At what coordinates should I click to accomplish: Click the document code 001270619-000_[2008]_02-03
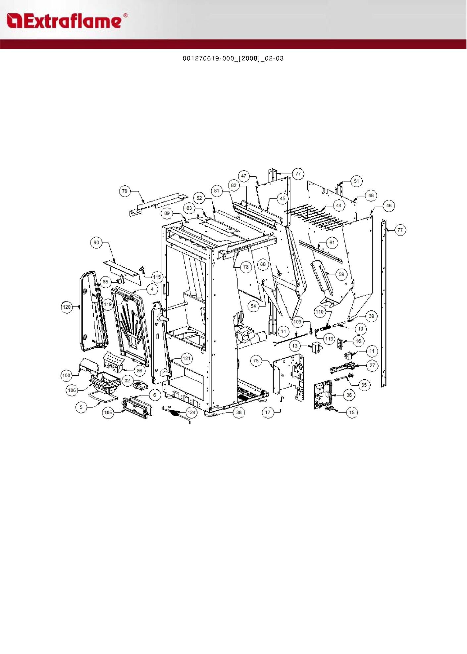[x=233, y=58]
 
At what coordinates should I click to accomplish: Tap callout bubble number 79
[x=125, y=191]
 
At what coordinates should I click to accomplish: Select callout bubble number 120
[x=67, y=307]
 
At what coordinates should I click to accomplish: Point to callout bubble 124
[x=191, y=412]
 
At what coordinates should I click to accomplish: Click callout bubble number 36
[x=349, y=395]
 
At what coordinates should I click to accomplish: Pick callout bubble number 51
[x=356, y=181]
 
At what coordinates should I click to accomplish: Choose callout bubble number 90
[x=96, y=243]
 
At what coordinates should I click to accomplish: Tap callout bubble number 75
[x=256, y=360]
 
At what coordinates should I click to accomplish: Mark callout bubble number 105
[x=108, y=412]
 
